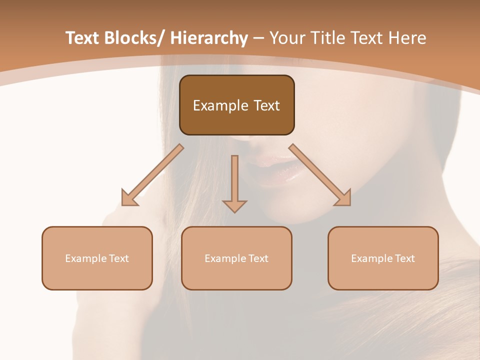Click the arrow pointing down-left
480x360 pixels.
153,175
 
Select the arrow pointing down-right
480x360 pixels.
320,175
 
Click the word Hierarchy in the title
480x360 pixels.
208,38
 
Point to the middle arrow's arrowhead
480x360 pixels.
234,205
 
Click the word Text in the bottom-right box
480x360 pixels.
404,258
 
